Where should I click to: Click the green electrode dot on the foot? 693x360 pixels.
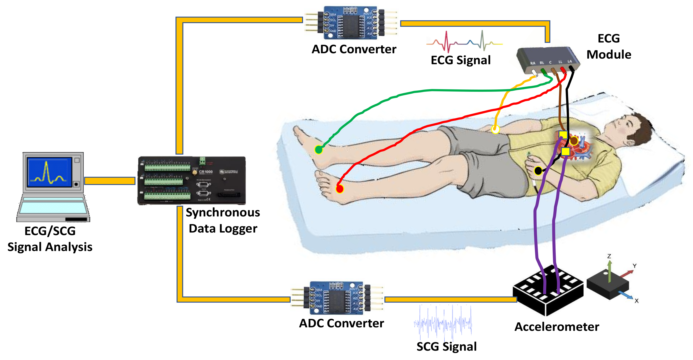319,149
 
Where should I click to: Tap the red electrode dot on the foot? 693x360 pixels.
340,189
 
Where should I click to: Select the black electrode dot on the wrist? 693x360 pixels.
538,171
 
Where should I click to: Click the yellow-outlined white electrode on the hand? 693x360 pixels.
495,129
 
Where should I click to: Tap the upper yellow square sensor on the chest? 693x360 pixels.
563,134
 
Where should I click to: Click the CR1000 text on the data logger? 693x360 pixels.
206,172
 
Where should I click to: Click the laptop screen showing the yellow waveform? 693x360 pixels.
50,172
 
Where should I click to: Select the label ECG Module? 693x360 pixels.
609,46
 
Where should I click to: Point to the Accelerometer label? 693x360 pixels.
557,327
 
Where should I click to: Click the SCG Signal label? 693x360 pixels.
447,346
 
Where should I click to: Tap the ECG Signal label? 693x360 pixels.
461,60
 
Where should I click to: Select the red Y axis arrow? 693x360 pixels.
627,274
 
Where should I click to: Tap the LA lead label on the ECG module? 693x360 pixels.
570,62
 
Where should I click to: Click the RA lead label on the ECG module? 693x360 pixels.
533,63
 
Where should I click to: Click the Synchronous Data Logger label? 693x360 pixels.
223,220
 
